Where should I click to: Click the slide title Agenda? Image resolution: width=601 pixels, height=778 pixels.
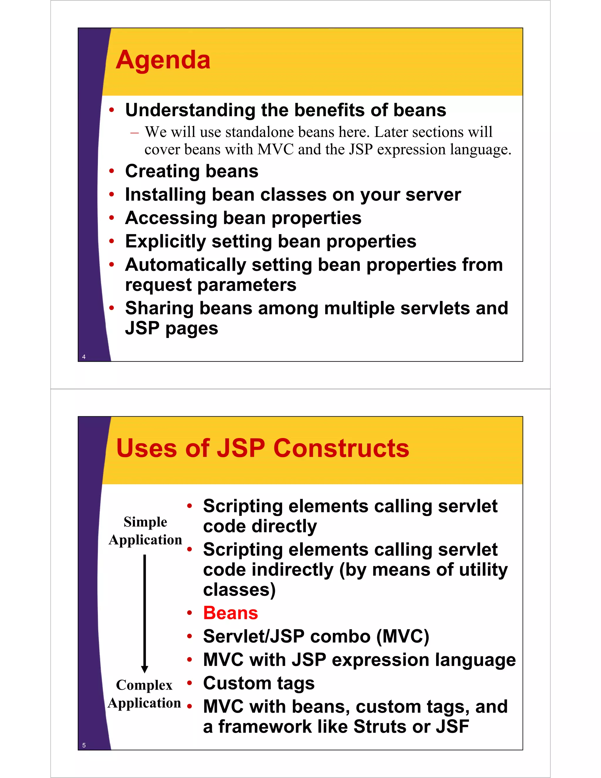point(163,60)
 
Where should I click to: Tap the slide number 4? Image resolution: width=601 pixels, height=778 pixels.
point(84,357)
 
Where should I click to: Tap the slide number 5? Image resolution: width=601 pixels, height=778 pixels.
point(84,745)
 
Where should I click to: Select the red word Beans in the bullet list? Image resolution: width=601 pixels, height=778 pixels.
point(230,613)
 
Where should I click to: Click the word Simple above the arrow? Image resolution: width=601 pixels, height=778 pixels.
point(145,522)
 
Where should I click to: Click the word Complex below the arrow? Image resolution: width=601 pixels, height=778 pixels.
point(144,685)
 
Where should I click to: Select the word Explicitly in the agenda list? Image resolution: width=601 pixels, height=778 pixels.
point(165,242)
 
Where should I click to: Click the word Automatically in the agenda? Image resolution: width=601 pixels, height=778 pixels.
point(185,265)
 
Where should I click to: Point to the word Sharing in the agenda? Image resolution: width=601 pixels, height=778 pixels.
point(159,308)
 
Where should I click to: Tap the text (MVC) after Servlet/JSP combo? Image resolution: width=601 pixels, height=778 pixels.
point(403,636)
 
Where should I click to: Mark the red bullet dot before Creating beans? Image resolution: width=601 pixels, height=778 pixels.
point(112,171)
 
